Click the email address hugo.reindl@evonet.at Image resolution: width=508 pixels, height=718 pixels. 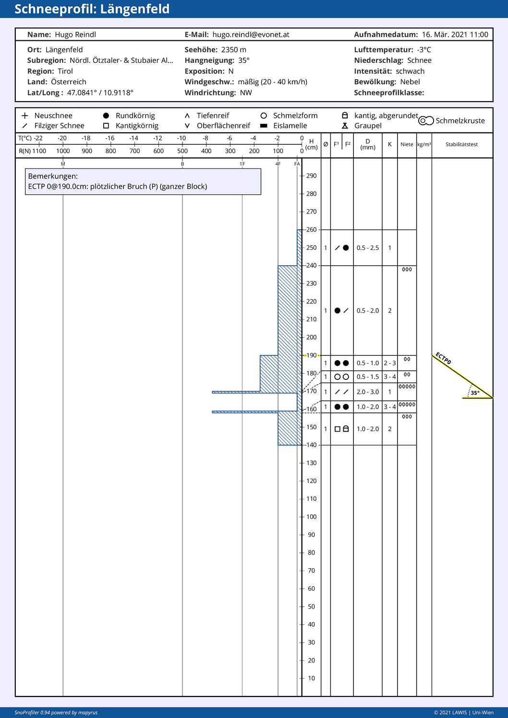click(251, 35)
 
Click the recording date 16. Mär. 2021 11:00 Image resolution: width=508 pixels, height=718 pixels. click(455, 35)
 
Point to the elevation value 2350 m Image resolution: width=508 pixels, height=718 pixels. click(234, 50)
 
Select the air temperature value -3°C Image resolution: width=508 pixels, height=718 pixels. click(424, 50)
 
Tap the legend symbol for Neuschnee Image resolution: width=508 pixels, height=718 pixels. click(24, 116)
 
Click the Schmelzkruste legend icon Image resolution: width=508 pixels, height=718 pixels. click(426, 120)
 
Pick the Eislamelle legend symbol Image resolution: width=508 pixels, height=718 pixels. click(264, 126)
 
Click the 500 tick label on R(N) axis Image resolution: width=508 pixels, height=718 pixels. click(182, 151)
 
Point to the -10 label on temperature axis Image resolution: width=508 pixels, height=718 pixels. click(181, 138)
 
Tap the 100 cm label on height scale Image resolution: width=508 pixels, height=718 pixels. click(311, 517)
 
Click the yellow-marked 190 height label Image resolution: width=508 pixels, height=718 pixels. click(311, 355)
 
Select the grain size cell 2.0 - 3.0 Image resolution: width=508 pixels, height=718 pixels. click(368, 392)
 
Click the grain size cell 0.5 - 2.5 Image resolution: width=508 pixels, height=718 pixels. click(368, 248)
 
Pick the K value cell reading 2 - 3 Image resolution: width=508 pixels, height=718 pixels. click(390, 363)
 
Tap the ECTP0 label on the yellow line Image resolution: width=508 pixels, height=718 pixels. click(443, 358)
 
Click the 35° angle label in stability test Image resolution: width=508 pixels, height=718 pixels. click(475, 393)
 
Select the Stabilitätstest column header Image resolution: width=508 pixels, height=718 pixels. click(461, 144)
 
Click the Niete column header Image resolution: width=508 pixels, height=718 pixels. click(407, 144)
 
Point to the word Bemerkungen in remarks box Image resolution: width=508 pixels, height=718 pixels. click(53, 177)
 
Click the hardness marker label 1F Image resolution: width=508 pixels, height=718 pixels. click(242, 164)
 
